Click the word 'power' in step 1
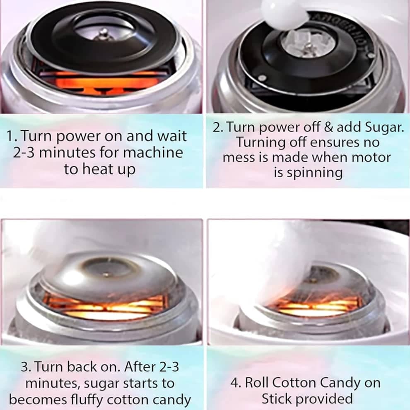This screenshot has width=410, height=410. pyautogui.click(x=78, y=137)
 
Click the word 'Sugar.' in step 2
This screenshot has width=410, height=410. pyautogui.click(x=384, y=128)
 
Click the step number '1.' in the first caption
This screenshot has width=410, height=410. pyautogui.click(x=12, y=136)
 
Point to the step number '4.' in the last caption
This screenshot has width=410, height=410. pyautogui.click(x=236, y=383)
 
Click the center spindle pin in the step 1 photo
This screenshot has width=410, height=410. pyautogui.click(x=103, y=34)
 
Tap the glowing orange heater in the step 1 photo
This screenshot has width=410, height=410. pyautogui.click(x=105, y=83)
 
